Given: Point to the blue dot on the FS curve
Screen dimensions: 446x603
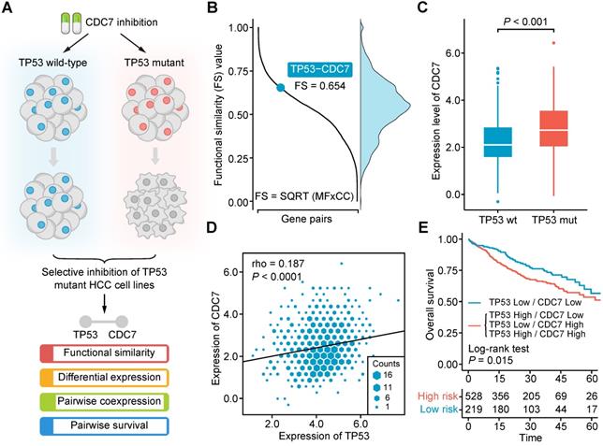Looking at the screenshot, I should click(x=280, y=88).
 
